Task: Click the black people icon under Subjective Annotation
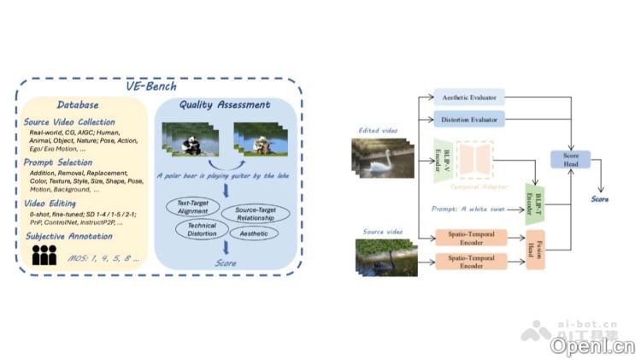pyautogui.click(x=44, y=254)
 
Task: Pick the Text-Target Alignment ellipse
pyautogui.click(x=194, y=208)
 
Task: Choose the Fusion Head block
pyautogui.click(x=535, y=250)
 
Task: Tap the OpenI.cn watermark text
pyautogui.click(x=592, y=345)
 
